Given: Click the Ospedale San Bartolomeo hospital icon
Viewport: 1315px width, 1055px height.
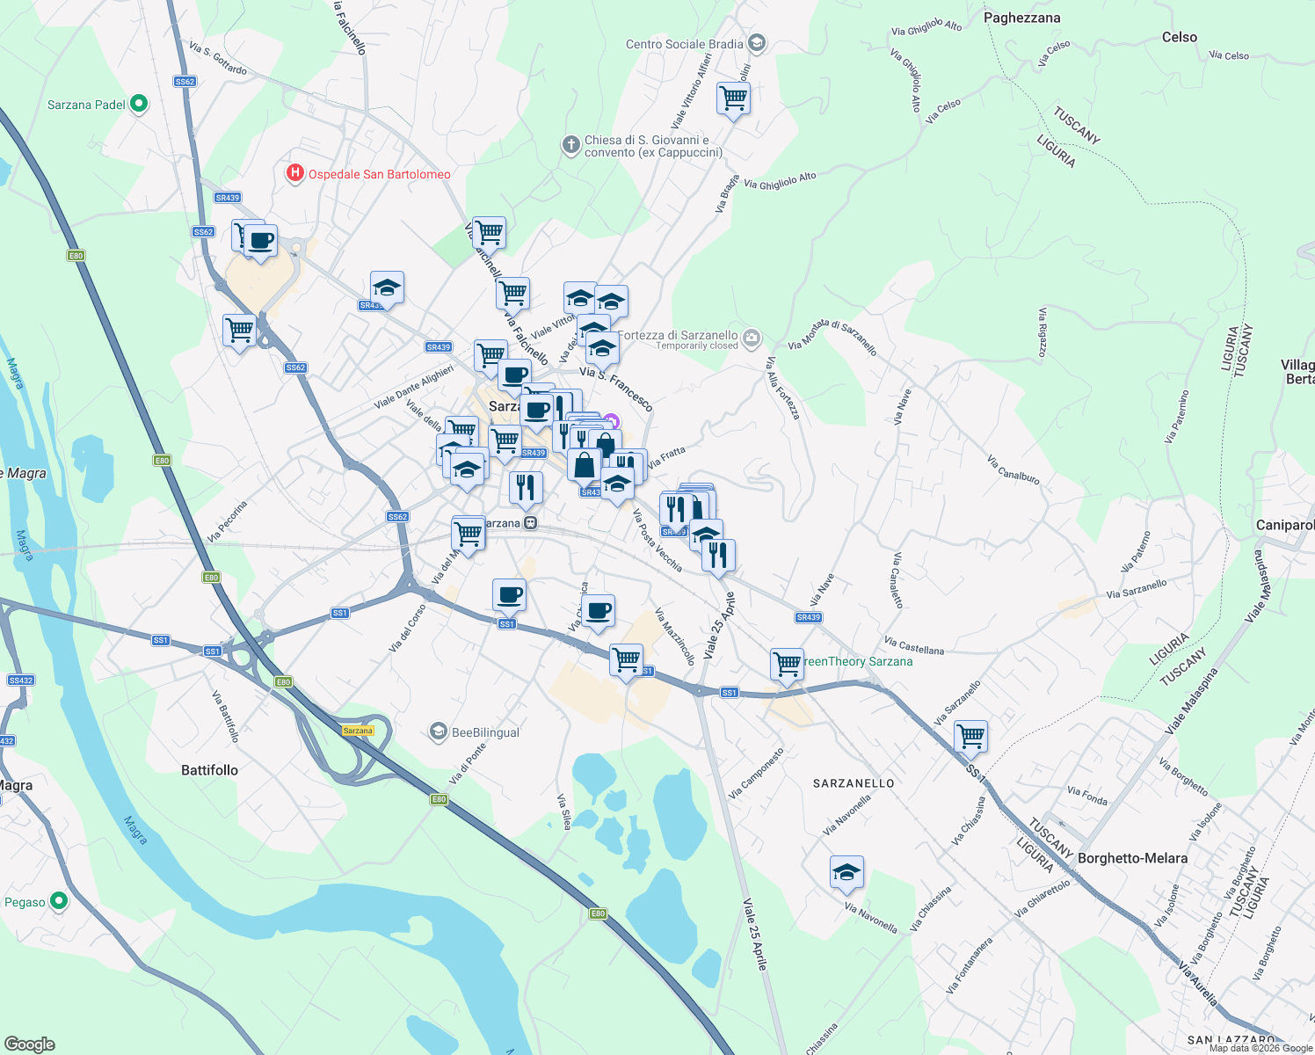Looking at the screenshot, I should [x=295, y=173].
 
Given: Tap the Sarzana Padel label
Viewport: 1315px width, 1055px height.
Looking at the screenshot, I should [x=86, y=105].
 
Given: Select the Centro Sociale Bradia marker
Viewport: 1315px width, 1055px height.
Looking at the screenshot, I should [x=758, y=43].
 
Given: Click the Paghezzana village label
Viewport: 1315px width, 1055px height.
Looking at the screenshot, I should [x=1021, y=18].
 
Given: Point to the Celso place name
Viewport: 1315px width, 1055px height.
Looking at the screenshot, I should [x=1179, y=37].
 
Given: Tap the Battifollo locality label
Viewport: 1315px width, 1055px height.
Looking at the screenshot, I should [x=209, y=770].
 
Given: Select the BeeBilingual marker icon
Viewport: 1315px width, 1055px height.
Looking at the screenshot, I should [x=438, y=731].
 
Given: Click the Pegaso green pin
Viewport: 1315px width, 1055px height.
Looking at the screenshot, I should [x=59, y=901].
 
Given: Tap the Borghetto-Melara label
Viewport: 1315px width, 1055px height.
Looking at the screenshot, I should [x=1132, y=858].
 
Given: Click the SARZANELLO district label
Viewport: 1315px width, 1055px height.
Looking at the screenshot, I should [x=854, y=783].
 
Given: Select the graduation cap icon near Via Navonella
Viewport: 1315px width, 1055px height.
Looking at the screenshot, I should [x=846, y=872].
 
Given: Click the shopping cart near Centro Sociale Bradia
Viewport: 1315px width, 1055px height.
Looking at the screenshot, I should [x=733, y=98].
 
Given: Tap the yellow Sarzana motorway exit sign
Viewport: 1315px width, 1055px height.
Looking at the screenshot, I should [x=358, y=731].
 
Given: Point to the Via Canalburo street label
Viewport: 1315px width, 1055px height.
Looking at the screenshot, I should [x=1013, y=469].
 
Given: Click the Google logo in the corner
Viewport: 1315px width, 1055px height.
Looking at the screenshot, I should [x=29, y=1044].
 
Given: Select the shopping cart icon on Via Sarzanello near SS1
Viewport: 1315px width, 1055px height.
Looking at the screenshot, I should [x=970, y=737].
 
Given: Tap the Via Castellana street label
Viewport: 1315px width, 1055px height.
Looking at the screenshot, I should [x=914, y=646].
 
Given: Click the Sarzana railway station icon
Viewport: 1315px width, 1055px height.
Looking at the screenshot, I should [x=530, y=523].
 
